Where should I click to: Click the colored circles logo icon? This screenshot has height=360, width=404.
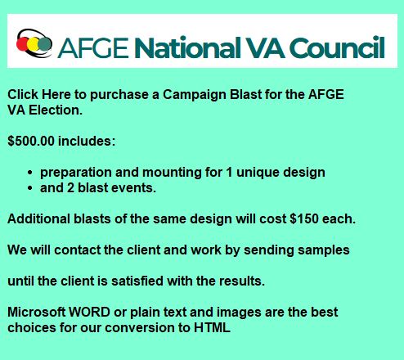(x=34, y=41)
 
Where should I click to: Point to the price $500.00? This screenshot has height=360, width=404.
(x=31, y=141)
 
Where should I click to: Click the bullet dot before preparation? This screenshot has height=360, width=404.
(x=30, y=173)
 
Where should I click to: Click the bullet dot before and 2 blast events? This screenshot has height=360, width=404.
(x=30, y=188)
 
